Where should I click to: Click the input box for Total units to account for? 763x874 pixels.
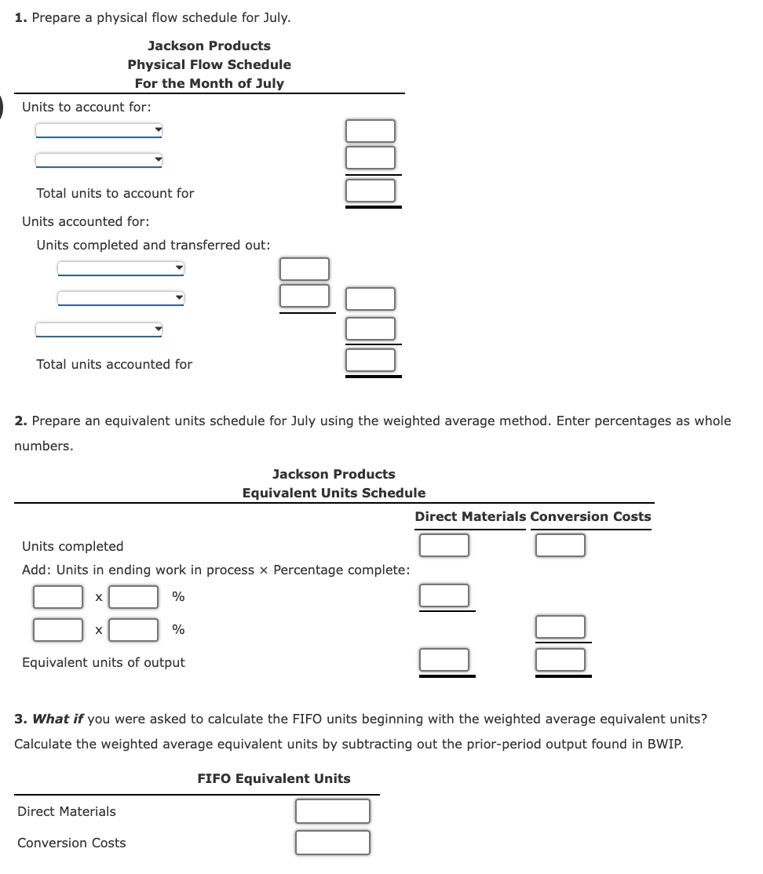coord(371,190)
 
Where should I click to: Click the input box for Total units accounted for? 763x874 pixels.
coord(371,360)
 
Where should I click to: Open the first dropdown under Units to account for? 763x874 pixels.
coord(99,130)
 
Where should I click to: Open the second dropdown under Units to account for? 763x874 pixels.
coord(99,160)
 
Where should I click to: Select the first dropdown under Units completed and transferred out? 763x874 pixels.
coord(121,269)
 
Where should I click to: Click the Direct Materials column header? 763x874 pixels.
coord(470,516)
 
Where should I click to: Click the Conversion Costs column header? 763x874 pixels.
coord(590,516)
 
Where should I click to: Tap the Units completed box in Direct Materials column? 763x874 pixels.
coord(444,544)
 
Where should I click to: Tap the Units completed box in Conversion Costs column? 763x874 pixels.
coord(560,544)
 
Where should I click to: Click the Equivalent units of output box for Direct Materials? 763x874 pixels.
coord(444,660)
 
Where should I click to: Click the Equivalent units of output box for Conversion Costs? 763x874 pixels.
coord(560,660)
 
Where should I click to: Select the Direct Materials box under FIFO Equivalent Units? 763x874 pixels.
coord(333,811)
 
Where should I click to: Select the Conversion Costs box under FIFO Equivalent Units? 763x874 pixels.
coord(333,843)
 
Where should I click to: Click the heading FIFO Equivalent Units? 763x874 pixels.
coord(274,778)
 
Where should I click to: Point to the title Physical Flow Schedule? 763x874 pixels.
coord(209,64)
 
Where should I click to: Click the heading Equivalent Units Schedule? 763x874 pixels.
coord(334,493)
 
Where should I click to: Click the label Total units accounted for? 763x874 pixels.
coord(115,364)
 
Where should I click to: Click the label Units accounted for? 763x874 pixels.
coord(86,221)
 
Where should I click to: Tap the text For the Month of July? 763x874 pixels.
coord(209,83)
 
